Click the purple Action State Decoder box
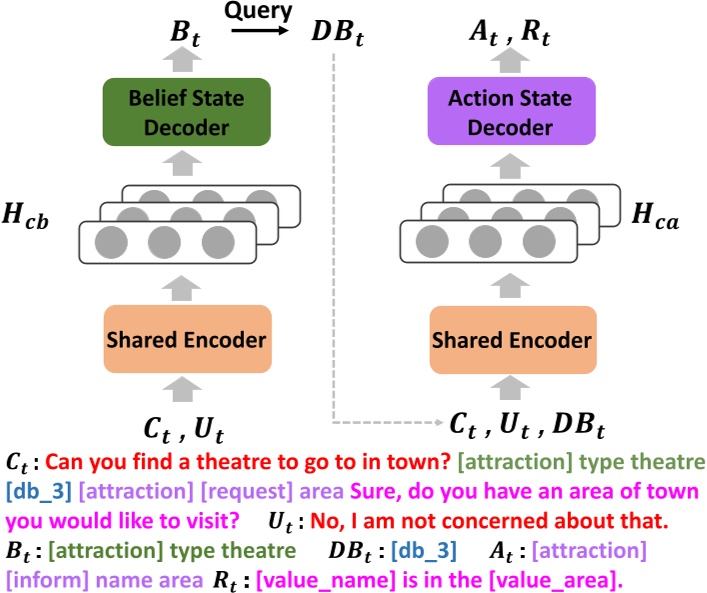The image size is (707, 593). click(511, 112)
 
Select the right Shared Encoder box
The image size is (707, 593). click(511, 340)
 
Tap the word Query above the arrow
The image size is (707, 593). click(258, 12)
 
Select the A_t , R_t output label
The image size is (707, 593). click(511, 34)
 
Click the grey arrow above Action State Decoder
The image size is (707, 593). click(511, 62)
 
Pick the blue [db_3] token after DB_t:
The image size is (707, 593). click(424, 549)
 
